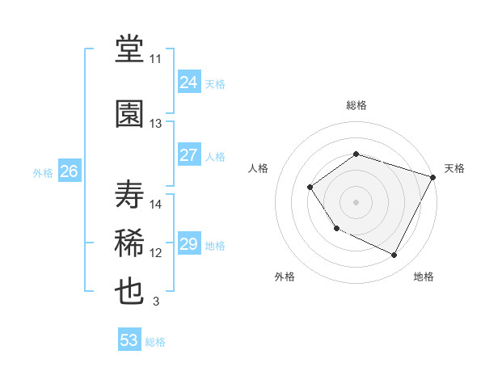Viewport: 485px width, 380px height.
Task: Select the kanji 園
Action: [x=130, y=113]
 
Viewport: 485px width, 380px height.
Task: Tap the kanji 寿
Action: [x=130, y=194]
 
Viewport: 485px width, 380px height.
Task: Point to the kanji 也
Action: [x=130, y=292]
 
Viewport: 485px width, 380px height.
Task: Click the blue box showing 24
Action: [x=189, y=82]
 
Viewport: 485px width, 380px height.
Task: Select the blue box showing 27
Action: [x=189, y=155]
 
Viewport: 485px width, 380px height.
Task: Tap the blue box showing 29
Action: [x=189, y=244]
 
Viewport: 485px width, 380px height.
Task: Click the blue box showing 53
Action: [x=129, y=340]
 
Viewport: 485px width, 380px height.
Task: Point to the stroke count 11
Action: [x=156, y=59]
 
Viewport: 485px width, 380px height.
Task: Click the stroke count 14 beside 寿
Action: [x=156, y=205]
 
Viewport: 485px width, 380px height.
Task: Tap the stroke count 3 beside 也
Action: [x=156, y=302]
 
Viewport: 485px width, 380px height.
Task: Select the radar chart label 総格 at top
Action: [x=356, y=105]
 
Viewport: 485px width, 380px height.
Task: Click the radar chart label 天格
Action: [x=454, y=168]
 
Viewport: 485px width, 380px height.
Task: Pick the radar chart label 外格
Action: [x=285, y=277]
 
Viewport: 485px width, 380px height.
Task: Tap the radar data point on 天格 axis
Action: [x=433, y=176]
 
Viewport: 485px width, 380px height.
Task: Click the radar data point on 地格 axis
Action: [x=394, y=255]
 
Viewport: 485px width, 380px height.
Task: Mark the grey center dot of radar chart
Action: [x=356, y=201]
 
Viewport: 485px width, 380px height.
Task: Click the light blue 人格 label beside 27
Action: [x=215, y=157]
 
